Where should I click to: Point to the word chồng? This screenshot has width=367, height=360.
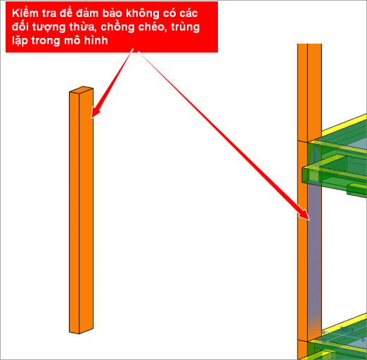[118, 27]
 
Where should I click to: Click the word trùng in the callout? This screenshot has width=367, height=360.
[186, 27]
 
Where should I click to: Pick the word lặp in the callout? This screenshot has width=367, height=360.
[20, 41]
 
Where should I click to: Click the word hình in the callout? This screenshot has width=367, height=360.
[96, 40]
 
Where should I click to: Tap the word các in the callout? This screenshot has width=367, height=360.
[188, 13]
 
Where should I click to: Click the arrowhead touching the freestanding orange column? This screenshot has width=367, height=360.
[96, 112]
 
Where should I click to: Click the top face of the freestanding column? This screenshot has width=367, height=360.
[81, 89]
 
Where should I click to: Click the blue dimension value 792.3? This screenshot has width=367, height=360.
[347, 330]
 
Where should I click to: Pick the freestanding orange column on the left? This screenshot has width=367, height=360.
[81, 210]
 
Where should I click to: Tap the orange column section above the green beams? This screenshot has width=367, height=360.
[309, 93]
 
